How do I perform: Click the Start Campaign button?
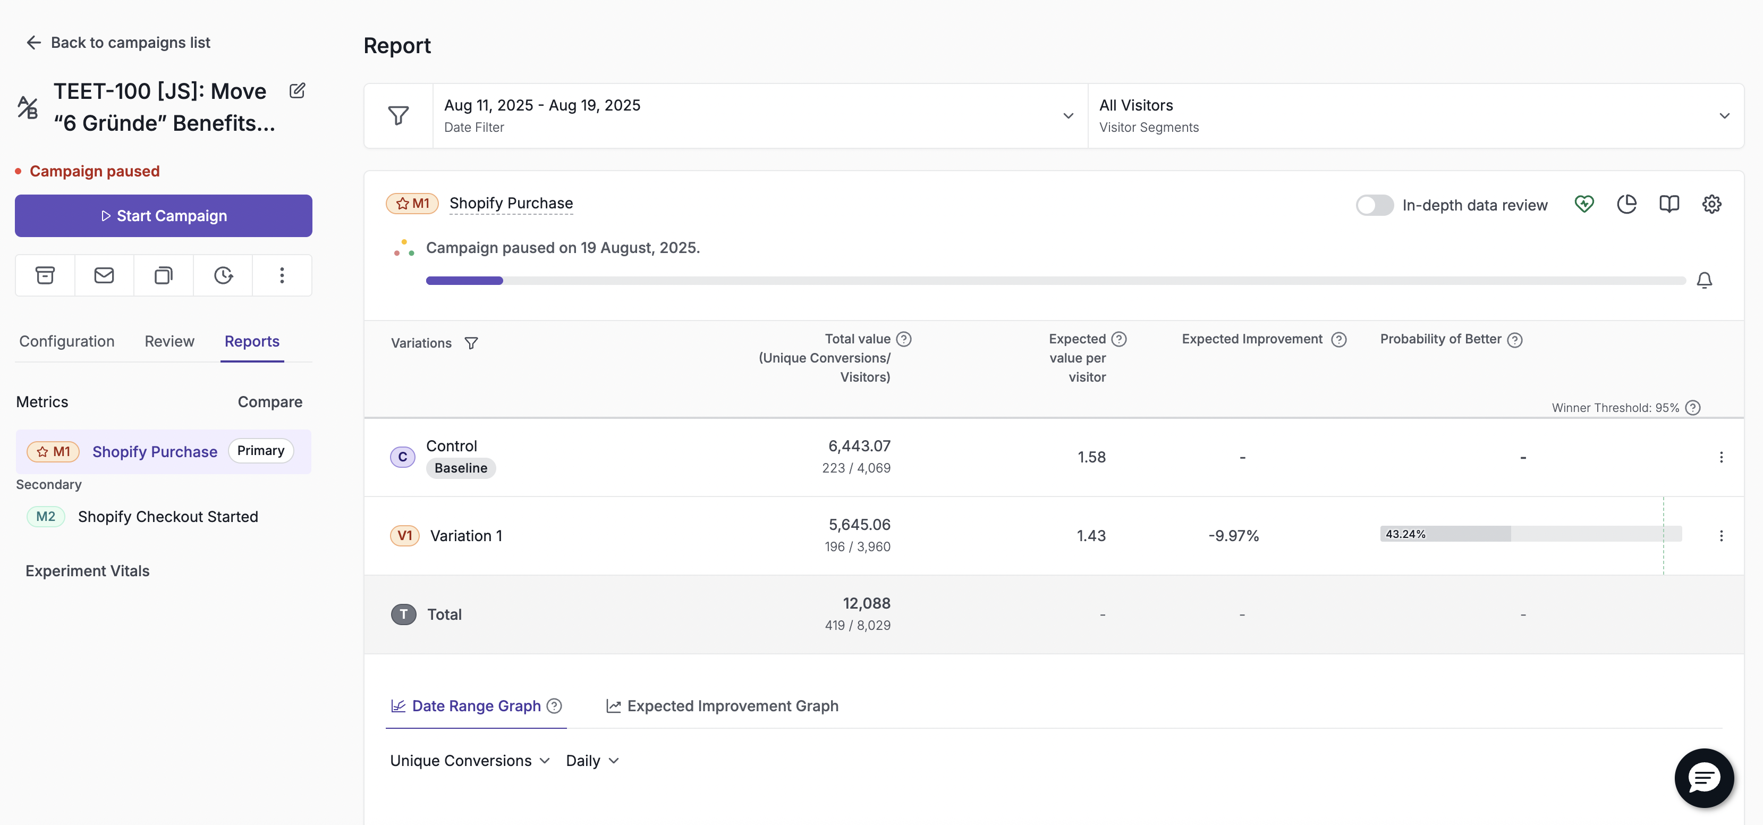pos(164,216)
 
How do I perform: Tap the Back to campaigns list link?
pos(118,43)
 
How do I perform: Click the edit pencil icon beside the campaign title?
pos(297,90)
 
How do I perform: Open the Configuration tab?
pos(67,341)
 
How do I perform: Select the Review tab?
pos(169,341)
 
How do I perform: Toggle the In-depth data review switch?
pos(1374,205)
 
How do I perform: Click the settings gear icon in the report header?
pos(1711,204)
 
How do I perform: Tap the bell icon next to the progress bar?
pos(1704,280)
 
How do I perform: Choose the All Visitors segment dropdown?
pos(1416,116)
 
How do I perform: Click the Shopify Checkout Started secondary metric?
pos(168,517)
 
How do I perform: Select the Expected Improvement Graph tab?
pos(722,706)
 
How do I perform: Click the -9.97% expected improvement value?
pos(1233,535)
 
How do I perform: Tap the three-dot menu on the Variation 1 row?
pos(1721,535)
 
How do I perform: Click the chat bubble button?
pos(1703,778)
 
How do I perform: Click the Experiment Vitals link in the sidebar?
pos(88,571)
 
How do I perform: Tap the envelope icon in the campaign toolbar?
pos(104,275)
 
